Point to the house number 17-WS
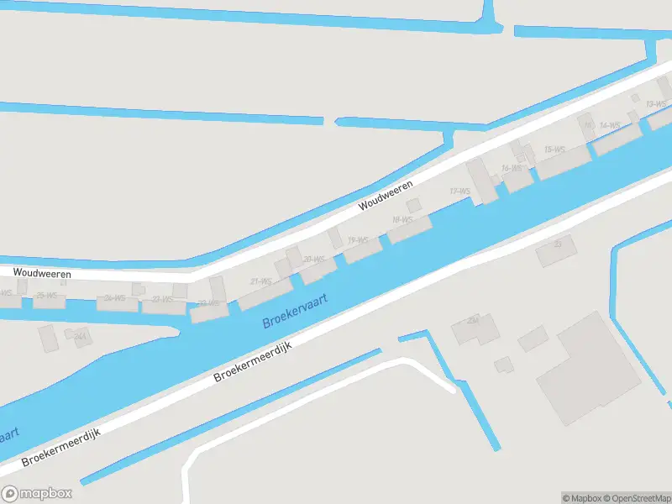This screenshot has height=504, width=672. click(x=459, y=192)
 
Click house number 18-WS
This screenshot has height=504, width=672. click(x=402, y=220)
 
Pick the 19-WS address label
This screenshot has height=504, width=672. click(x=358, y=240)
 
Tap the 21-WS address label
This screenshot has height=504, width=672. click(x=260, y=281)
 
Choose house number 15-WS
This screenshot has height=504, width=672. click(x=554, y=150)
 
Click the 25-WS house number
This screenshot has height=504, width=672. click(x=46, y=295)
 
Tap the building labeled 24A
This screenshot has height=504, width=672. click(x=81, y=337)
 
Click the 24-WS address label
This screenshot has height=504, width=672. click(x=114, y=297)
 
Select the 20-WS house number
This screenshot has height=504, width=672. click(x=313, y=259)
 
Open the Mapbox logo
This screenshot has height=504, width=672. click(x=37, y=494)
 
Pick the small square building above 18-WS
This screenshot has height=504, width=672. click(x=413, y=205)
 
